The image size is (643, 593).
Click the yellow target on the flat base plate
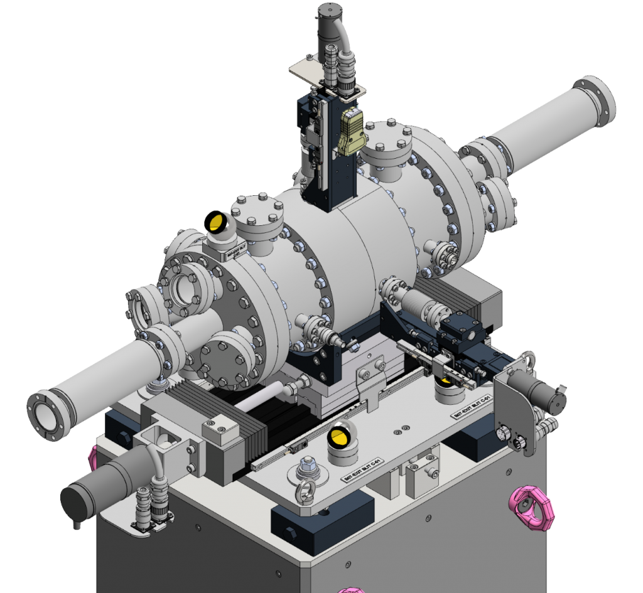(x=342, y=437)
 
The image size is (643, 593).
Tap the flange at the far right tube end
(x=595, y=101)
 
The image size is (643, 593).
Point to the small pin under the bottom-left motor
(x=77, y=524)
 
